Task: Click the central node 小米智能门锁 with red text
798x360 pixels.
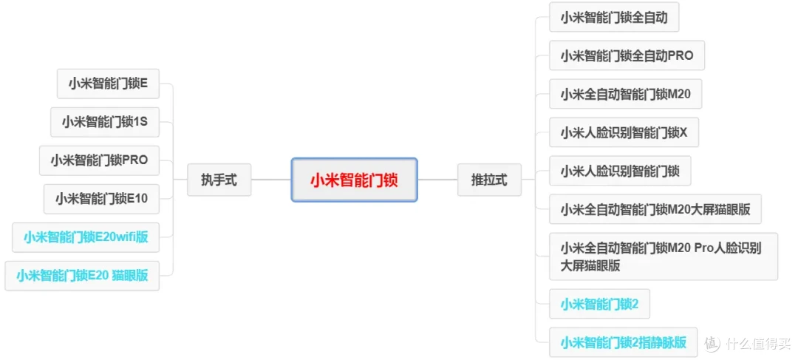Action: pos(354,180)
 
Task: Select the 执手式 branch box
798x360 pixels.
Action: pos(219,180)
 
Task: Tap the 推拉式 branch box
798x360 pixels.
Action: pos(490,180)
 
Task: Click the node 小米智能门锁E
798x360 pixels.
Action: pos(109,84)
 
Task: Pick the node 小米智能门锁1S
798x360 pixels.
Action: pos(105,122)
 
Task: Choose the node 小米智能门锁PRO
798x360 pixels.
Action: pos(99,160)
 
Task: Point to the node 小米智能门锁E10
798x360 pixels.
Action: pos(102,199)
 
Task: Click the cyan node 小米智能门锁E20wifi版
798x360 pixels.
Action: pos(86,237)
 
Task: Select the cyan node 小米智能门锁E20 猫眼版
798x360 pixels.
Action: pos(82,276)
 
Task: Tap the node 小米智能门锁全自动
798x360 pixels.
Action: pos(614,17)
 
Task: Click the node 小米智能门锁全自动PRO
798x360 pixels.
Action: pos(627,55)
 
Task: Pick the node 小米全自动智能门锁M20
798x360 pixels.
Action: pos(626,94)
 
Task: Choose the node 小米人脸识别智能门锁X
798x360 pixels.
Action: pos(624,132)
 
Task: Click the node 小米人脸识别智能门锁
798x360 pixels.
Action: pos(621,171)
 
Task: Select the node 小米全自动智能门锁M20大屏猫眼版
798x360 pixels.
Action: pos(655,209)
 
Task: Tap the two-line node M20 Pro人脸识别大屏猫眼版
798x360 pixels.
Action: pos(664,257)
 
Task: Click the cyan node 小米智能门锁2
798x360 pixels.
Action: pos(599,305)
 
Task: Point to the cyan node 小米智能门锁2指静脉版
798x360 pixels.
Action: pos(624,343)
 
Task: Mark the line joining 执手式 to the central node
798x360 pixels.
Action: pos(271,180)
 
